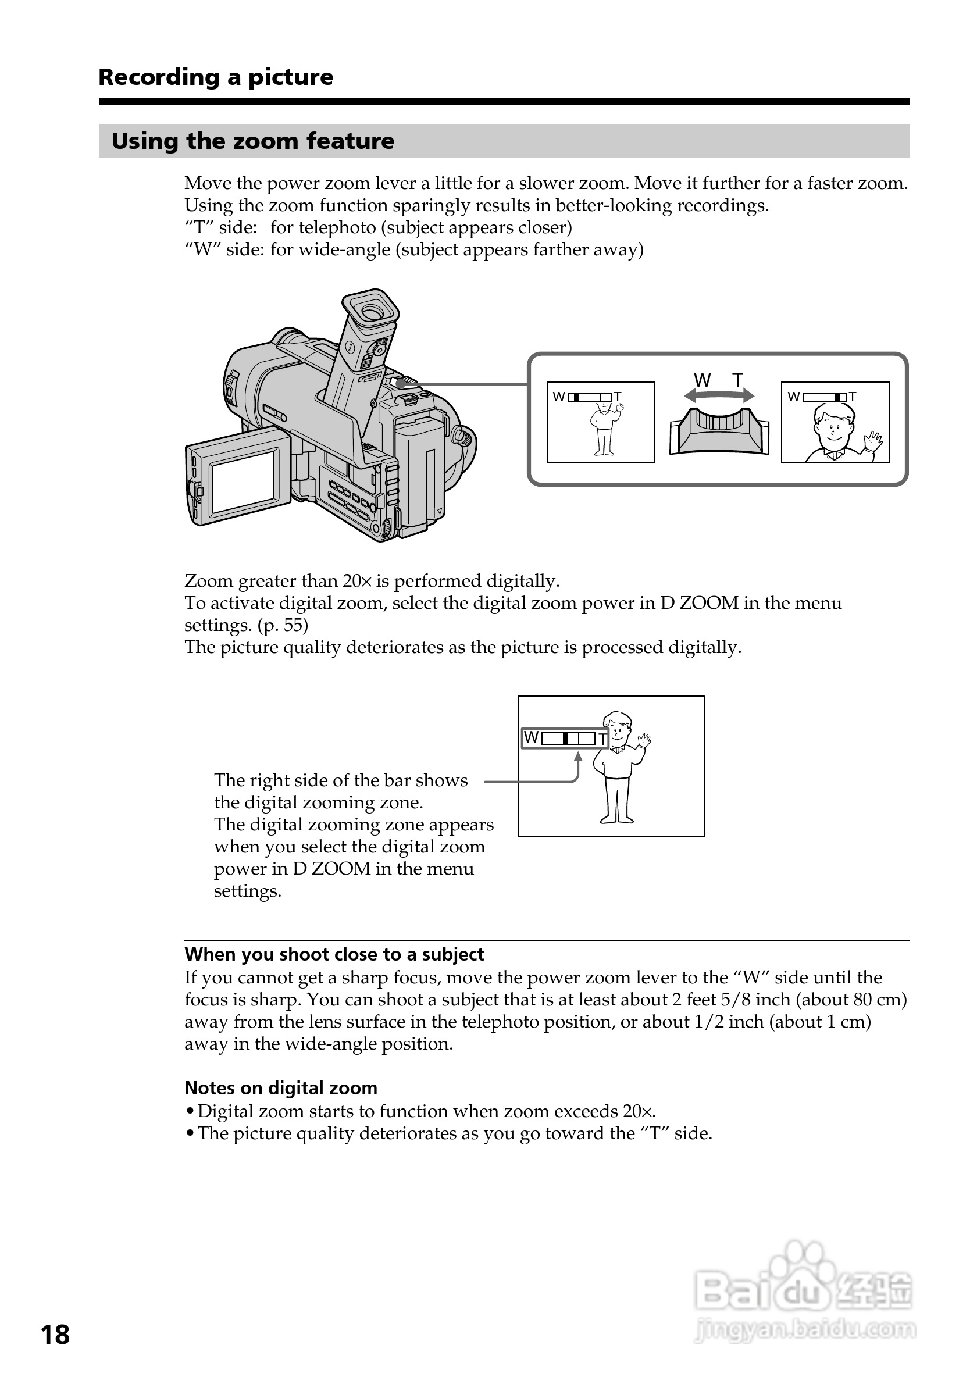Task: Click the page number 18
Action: (x=55, y=1335)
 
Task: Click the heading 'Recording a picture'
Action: (x=215, y=77)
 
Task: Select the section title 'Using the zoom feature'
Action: (x=252, y=141)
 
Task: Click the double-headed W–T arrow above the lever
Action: (x=718, y=395)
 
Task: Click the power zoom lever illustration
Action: (x=718, y=429)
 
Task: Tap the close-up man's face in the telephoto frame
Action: (x=833, y=426)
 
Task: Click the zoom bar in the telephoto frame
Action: (x=824, y=397)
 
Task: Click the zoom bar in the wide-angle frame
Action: (x=590, y=397)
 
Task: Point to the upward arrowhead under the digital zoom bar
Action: (x=577, y=757)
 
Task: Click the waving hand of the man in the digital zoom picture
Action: (x=644, y=740)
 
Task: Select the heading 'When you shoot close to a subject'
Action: (x=334, y=954)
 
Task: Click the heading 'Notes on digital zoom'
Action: (x=281, y=1088)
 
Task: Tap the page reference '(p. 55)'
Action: (x=283, y=625)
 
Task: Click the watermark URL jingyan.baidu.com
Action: (x=804, y=1329)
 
